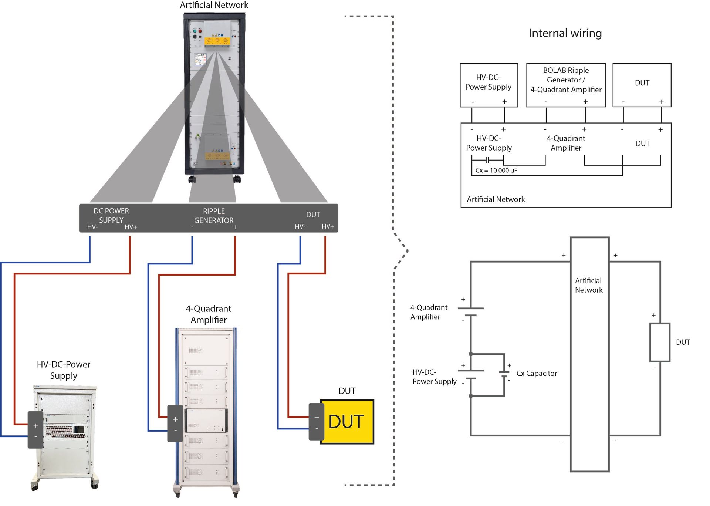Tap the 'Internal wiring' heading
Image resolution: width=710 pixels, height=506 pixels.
(x=565, y=33)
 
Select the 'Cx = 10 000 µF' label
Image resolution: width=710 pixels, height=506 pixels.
(x=496, y=171)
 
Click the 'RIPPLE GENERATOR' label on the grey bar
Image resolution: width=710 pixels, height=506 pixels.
(x=214, y=216)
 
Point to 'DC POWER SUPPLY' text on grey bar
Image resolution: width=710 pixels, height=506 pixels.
(x=111, y=215)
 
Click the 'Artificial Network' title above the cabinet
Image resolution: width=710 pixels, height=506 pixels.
(x=214, y=5)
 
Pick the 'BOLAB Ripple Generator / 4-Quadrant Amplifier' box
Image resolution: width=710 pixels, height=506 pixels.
(x=566, y=85)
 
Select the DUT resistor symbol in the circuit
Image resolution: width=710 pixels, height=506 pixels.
(x=660, y=342)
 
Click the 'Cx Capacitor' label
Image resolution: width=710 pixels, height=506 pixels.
(x=536, y=374)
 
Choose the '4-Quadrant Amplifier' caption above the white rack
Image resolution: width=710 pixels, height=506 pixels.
(x=209, y=314)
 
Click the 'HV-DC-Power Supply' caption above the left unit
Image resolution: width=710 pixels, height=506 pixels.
(x=64, y=370)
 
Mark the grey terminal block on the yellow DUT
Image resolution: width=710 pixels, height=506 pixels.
(x=317, y=422)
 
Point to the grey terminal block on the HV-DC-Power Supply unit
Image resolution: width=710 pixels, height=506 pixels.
(x=35, y=430)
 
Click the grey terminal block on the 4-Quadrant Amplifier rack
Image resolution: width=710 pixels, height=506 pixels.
(x=175, y=424)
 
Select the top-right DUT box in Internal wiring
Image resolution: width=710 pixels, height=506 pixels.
(x=642, y=85)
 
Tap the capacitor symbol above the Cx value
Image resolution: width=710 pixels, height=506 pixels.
(x=488, y=160)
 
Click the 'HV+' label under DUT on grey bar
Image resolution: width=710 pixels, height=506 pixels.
(x=328, y=226)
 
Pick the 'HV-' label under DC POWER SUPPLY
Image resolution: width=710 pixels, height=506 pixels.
(x=92, y=227)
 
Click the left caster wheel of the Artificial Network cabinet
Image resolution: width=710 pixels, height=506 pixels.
(x=192, y=180)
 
